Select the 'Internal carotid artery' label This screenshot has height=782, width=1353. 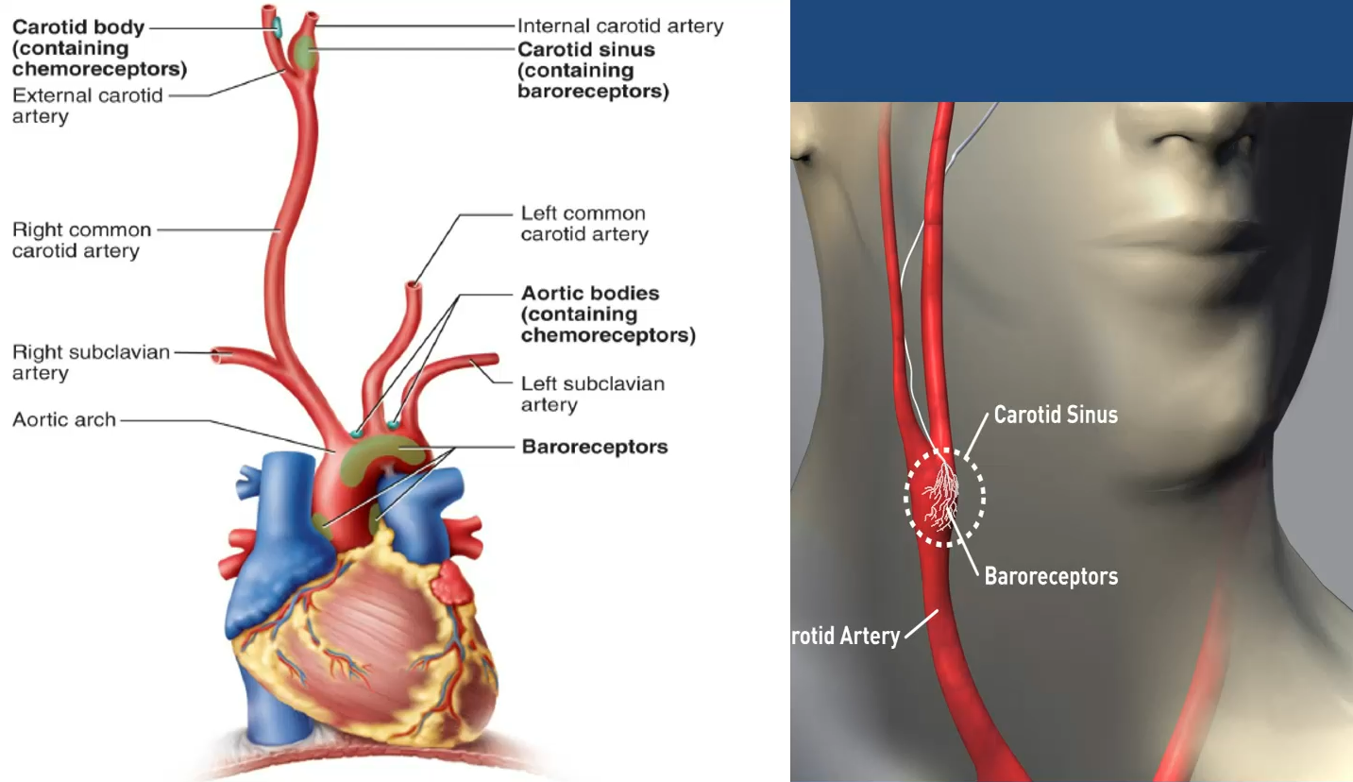[x=619, y=26]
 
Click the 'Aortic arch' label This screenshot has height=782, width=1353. [x=64, y=418]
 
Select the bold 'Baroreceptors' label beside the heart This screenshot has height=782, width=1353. [x=594, y=447]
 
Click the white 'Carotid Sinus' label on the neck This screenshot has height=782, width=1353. [x=1056, y=414]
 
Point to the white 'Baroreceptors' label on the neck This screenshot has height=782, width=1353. [x=1051, y=575]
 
